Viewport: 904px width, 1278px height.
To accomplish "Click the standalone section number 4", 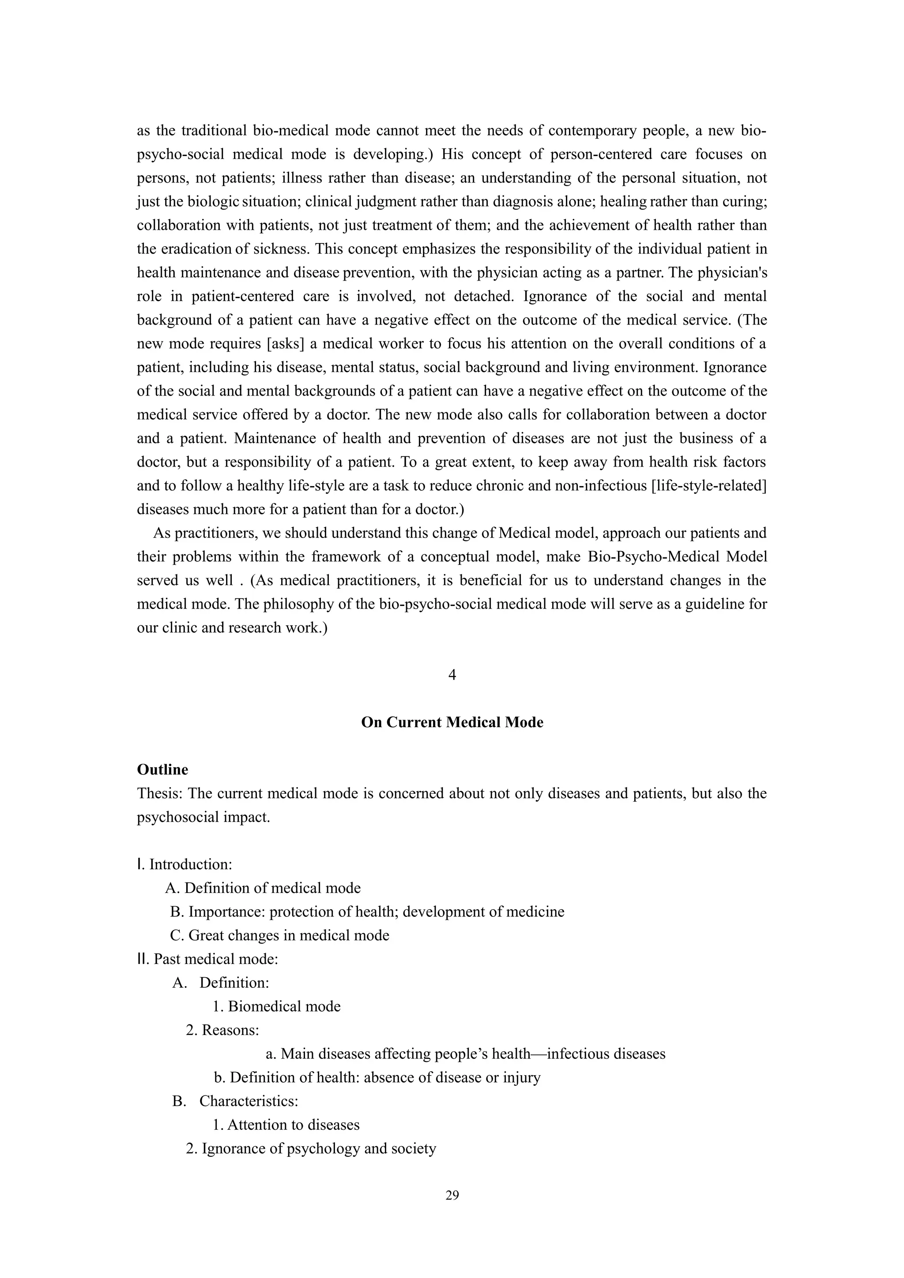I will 452,675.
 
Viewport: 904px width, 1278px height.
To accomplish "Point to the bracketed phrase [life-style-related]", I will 708,486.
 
